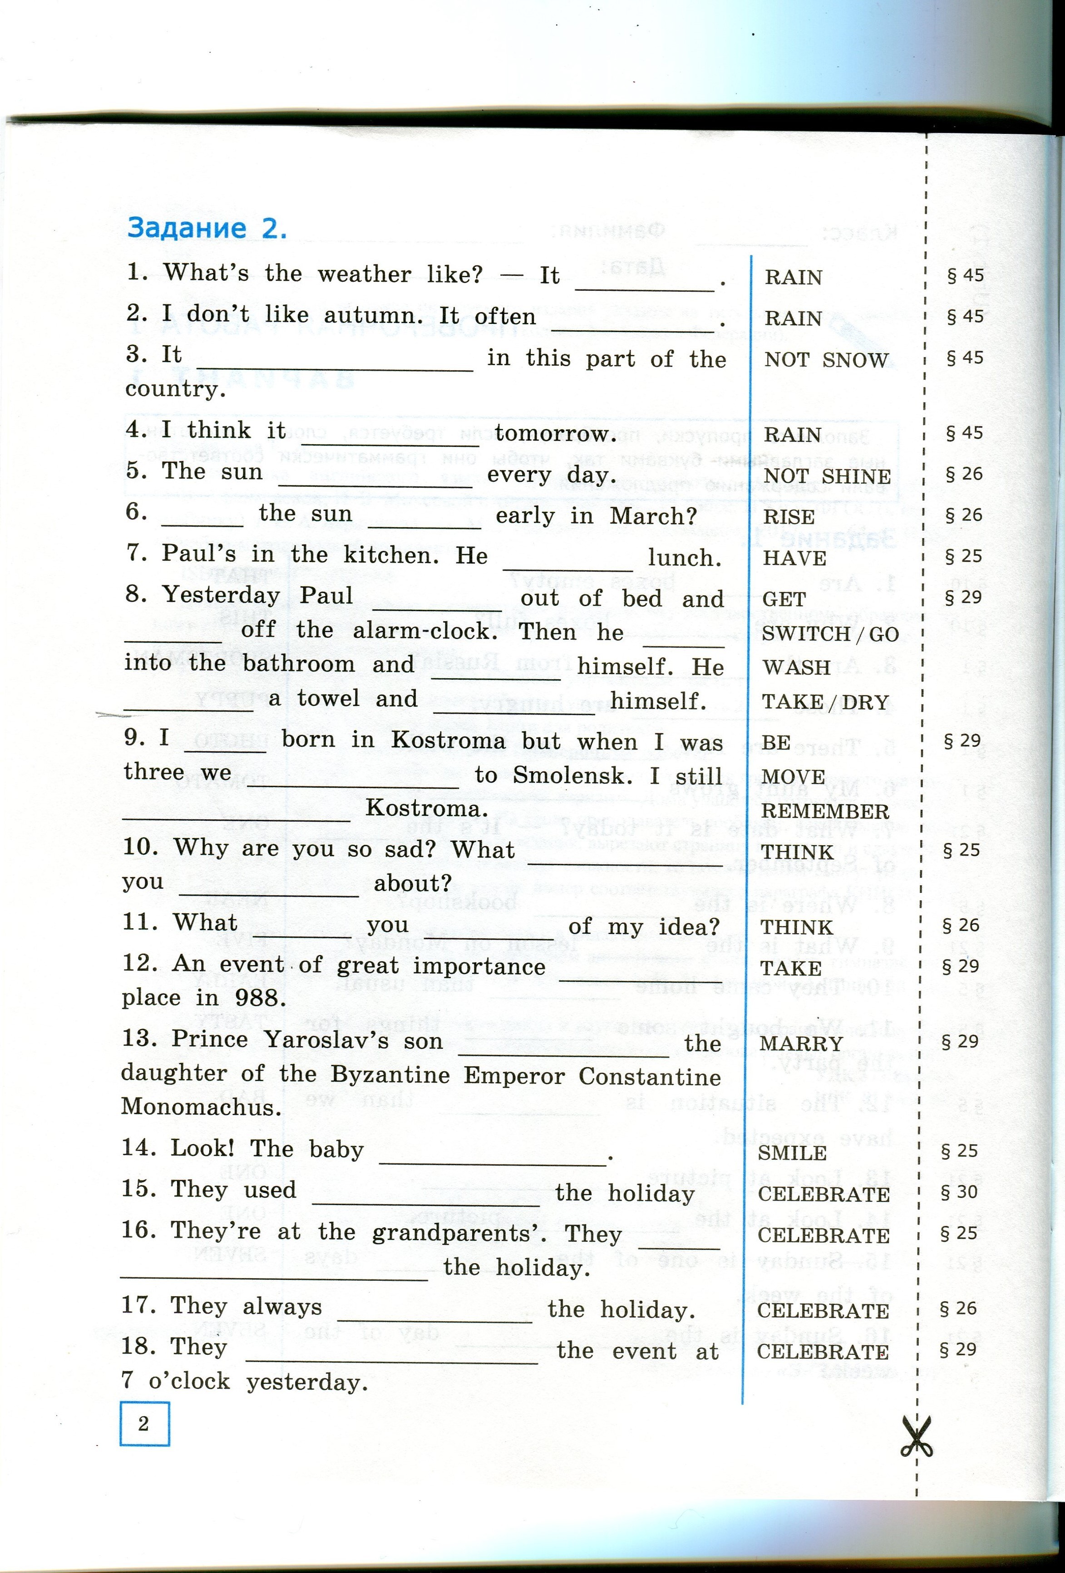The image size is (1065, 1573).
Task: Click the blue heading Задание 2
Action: [x=207, y=228]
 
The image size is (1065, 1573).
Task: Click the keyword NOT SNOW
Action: [x=826, y=360]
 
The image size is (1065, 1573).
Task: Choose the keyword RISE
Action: [x=789, y=517]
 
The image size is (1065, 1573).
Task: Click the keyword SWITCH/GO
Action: [x=830, y=634]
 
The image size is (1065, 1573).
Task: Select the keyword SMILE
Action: [x=792, y=1153]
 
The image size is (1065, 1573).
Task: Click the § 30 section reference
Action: [x=959, y=1192]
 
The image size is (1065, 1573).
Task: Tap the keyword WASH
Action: [x=796, y=667]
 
